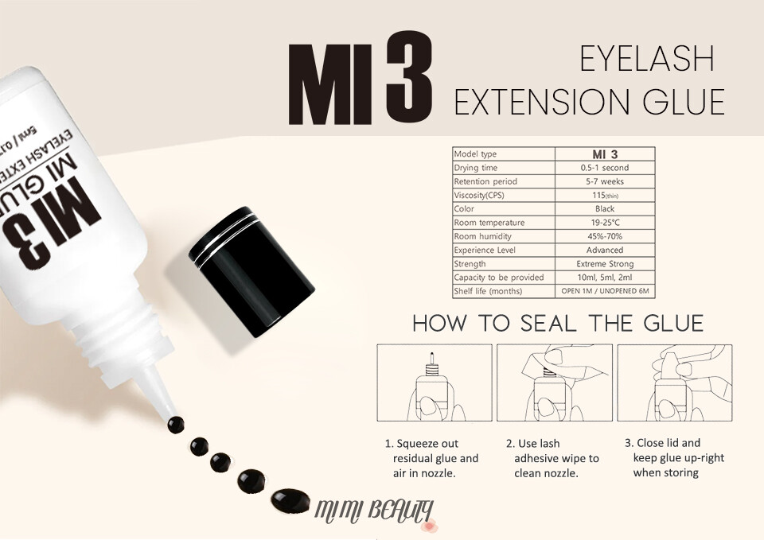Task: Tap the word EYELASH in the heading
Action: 646,58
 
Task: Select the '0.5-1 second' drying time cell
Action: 605,168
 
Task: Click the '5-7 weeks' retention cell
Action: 605,181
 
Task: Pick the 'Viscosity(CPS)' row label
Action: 479,195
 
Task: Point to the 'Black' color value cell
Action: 605,208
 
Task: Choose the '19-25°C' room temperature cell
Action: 605,223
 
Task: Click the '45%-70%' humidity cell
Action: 605,236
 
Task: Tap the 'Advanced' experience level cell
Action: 605,250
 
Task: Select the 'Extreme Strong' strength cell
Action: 605,263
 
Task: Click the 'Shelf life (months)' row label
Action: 488,291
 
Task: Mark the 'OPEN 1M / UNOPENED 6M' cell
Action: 605,291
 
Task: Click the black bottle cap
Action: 252,272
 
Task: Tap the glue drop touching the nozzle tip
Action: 176,425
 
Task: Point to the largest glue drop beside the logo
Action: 290,500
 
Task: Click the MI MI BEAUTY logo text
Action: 374,511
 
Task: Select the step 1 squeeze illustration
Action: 435,383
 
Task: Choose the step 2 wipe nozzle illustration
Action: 555,383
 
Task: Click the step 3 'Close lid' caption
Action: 674,458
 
